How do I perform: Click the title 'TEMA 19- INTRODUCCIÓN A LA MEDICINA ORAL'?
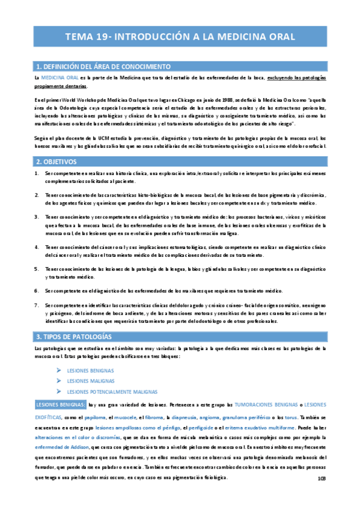(180, 36)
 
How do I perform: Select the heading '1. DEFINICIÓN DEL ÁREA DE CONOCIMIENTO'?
(104, 66)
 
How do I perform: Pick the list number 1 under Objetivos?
(37, 174)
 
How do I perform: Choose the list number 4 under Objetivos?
(37, 247)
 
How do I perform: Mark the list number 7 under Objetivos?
(37, 306)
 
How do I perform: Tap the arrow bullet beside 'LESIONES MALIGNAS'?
(58, 381)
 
